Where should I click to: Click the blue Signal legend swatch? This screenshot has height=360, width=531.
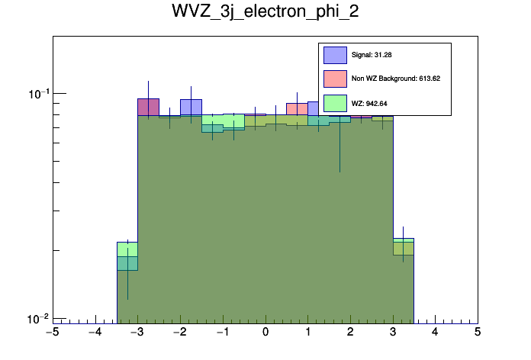pyautogui.click(x=334, y=55)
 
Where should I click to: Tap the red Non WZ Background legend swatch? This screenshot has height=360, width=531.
pyautogui.click(x=334, y=78)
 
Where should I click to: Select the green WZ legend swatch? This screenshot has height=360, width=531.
pyautogui.click(x=334, y=102)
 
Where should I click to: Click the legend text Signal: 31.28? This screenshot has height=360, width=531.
pyautogui.click(x=372, y=55)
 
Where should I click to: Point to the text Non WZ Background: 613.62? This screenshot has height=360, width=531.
pyautogui.click(x=396, y=78)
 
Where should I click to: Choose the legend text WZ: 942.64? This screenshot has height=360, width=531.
pyautogui.click(x=368, y=102)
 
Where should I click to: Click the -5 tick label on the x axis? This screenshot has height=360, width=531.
pyautogui.click(x=52, y=333)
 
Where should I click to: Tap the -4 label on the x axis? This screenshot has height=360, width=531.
pyautogui.click(x=95, y=333)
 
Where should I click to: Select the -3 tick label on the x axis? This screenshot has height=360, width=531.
pyautogui.click(x=137, y=333)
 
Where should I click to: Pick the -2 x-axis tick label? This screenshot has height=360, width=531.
pyautogui.click(x=180, y=333)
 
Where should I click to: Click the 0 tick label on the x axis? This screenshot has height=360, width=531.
pyautogui.click(x=265, y=333)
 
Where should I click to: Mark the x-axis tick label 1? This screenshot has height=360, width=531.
pyautogui.click(x=307, y=333)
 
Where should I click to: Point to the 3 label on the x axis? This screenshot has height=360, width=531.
pyautogui.click(x=392, y=333)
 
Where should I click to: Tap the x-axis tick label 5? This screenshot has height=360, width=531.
pyautogui.click(x=478, y=333)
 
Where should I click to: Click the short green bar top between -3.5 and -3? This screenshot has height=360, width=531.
pyautogui.click(x=127, y=243)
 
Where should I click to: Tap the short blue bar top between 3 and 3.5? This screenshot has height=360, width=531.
pyautogui.click(x=403, y=239)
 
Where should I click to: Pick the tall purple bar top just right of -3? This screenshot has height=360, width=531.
pyautogui.click(x=148, y=99)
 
